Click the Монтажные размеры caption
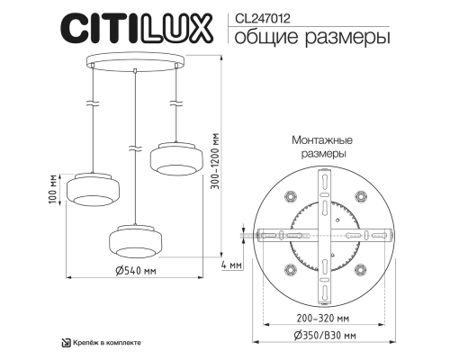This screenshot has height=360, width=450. tap(322, 148)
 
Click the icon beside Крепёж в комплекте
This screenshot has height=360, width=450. tap(66, 343)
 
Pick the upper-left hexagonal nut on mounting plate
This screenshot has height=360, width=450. tap(290, 196)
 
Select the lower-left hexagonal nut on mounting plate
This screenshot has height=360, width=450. tap(290, 267)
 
